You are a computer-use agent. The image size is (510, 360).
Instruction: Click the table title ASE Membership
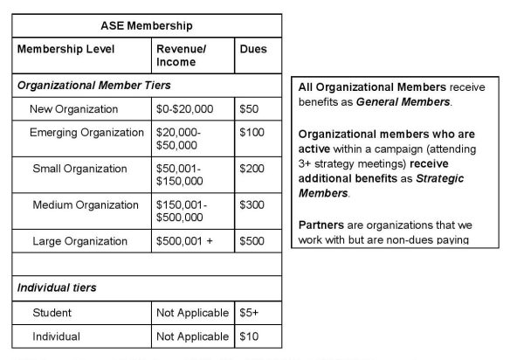pyautogui.click(x=146, y=27)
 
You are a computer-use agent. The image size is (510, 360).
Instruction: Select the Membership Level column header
pyautogui.click(x=66, y=49)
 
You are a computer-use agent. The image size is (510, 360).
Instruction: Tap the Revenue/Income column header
pyautogui.click(x=180, y=56)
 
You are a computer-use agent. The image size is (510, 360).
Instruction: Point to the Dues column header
pyautogui.click(x=253, y=49)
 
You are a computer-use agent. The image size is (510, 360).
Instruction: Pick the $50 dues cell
pyautogui.click(x=249, y=110)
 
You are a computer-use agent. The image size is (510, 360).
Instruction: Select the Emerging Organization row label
pyautogui.click(x=86, y=133)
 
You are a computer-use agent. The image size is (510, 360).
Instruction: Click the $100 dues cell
pyautogui.click(x=252, y=133)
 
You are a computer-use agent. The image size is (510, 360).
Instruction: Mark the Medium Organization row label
pyautogui.click(x=86, y=205)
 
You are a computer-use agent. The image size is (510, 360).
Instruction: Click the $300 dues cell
pyautogui.click(x=252, y=205)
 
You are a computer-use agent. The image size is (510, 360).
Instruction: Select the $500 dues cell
pyautogui.click(x=252, y=240)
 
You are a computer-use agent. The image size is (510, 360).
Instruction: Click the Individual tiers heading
pyautogui.click(x=56, y=287)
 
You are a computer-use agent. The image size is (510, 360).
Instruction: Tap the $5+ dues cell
pyautogui.click(x=249, y=312)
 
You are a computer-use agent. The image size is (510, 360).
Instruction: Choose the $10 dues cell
pyautogui.click(x=249, y=336)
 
